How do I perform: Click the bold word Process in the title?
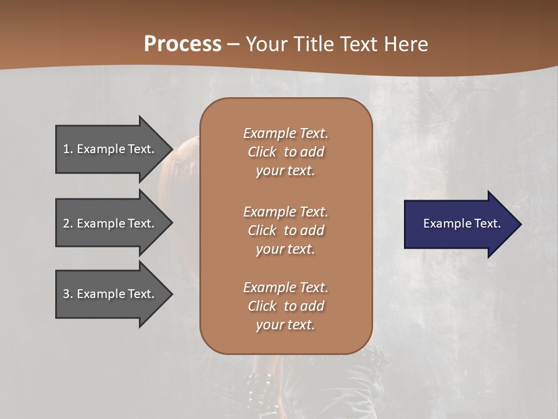pyautogui.click(x=183, y=44)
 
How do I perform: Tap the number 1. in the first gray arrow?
pyautogui.click(x=68, y=149)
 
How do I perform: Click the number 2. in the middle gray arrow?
pyautogui.click(x=68, y=223)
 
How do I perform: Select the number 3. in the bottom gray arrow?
pyautogui.click(x=68, y=294)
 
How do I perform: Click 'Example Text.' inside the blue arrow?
pyautogui.click(x=462, y=223)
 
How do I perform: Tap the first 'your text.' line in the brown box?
pyautogui.click(x=285, y=171)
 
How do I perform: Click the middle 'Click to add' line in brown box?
pyautogui.click(x=285, y=230)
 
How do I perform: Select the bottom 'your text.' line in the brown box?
pyautogui.click(x=285, y=325)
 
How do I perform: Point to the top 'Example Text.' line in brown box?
pyautogui.click(x=285, y=133)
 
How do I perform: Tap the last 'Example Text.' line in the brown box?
pyautogui.click(x=285, y=287)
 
